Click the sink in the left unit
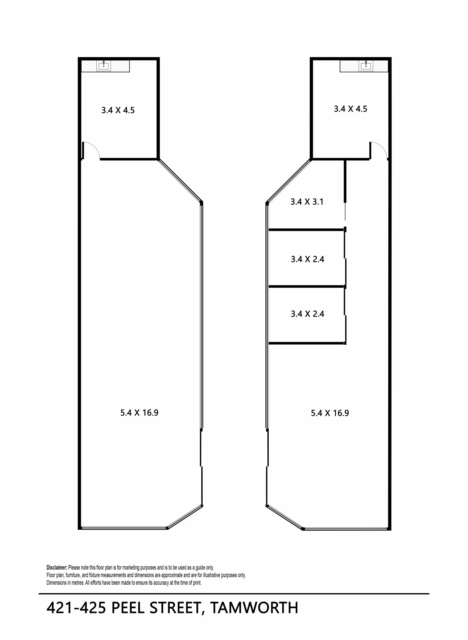tap(104, 66)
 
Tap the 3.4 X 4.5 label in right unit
tap(351, 109)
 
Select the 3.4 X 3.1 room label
tap(307, 202)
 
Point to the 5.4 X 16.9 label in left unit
tap(139, 413)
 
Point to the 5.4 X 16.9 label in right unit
tap(330, 413)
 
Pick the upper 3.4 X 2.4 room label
tap(307, 259)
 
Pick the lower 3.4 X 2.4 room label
tap(307, 314)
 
